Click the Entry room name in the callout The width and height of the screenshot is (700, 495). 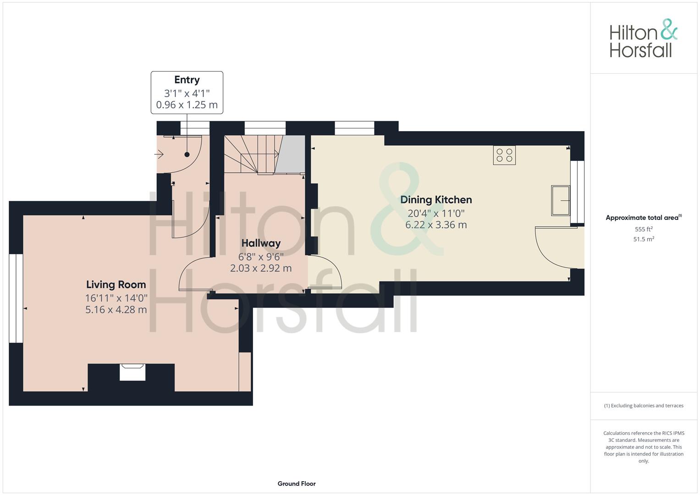187,80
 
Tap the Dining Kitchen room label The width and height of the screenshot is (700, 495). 436,200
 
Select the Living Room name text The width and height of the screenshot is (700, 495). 116,285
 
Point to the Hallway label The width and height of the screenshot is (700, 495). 261,243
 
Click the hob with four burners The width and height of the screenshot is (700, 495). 504,155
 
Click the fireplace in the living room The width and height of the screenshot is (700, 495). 132,372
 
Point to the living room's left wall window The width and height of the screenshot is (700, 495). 16,298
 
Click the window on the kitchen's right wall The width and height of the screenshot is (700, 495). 578,192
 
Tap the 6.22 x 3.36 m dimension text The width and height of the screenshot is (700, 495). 436,225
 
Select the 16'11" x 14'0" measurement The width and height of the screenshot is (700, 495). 116,298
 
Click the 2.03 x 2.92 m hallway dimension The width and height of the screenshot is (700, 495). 261,268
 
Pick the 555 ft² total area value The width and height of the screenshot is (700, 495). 644,229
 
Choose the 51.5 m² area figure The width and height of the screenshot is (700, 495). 644,239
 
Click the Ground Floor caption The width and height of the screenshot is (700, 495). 297,484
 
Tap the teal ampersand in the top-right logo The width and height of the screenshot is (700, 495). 669,29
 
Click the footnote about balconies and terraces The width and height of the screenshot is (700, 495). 644,406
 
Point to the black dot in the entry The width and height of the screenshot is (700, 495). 187,154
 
